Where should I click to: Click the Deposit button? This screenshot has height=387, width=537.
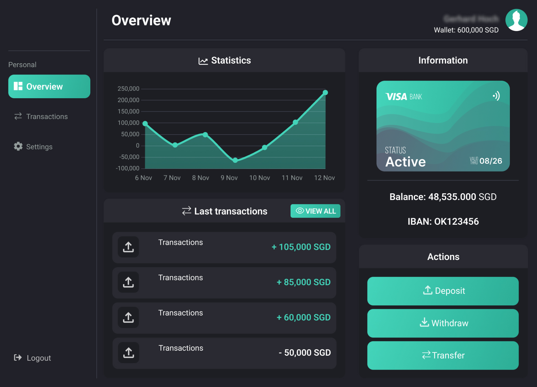[x=443, y=291]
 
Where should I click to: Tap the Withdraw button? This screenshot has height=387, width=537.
[x=443, y=323]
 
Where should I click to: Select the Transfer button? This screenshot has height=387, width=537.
[x=443, y=355]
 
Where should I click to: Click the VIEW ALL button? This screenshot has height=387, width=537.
[x=315, y=211]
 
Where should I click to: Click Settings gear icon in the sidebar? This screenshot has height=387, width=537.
[x=18, y=146]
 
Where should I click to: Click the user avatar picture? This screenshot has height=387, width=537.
[x=516, y=20]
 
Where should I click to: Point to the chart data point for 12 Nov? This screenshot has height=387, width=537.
[x=325, y=93]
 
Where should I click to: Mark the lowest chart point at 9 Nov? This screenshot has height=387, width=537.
[x=235, y=160]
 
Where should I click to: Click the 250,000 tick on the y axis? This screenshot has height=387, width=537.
[x=128, y=89]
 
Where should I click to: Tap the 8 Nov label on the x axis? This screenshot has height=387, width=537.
[x=201, y=178]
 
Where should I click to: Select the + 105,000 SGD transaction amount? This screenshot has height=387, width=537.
[x=301, y=247]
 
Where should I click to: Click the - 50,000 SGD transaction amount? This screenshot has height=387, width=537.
[x=305, y=353]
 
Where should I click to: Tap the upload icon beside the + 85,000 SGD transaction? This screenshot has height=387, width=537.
[x=128, y=282]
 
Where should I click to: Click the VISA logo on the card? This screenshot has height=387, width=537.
[x=396, y=97]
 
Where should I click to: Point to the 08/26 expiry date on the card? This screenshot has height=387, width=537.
[x=491, y=161]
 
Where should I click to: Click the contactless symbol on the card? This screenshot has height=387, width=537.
[x=496, y=96]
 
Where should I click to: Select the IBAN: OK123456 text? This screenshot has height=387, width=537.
[x=443, y=222]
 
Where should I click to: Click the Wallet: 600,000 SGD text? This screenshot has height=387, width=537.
[x=466, y=30]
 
